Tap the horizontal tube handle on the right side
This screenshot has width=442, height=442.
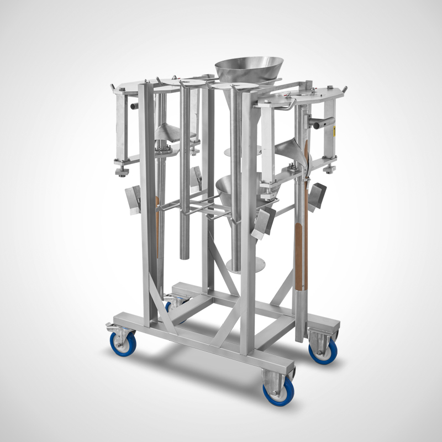point(323,123)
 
